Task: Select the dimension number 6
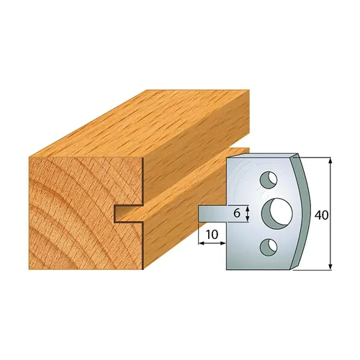(x=235, y=212)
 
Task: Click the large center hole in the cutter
(x=276, y=211)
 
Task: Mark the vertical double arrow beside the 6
(x=247, y=212)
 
